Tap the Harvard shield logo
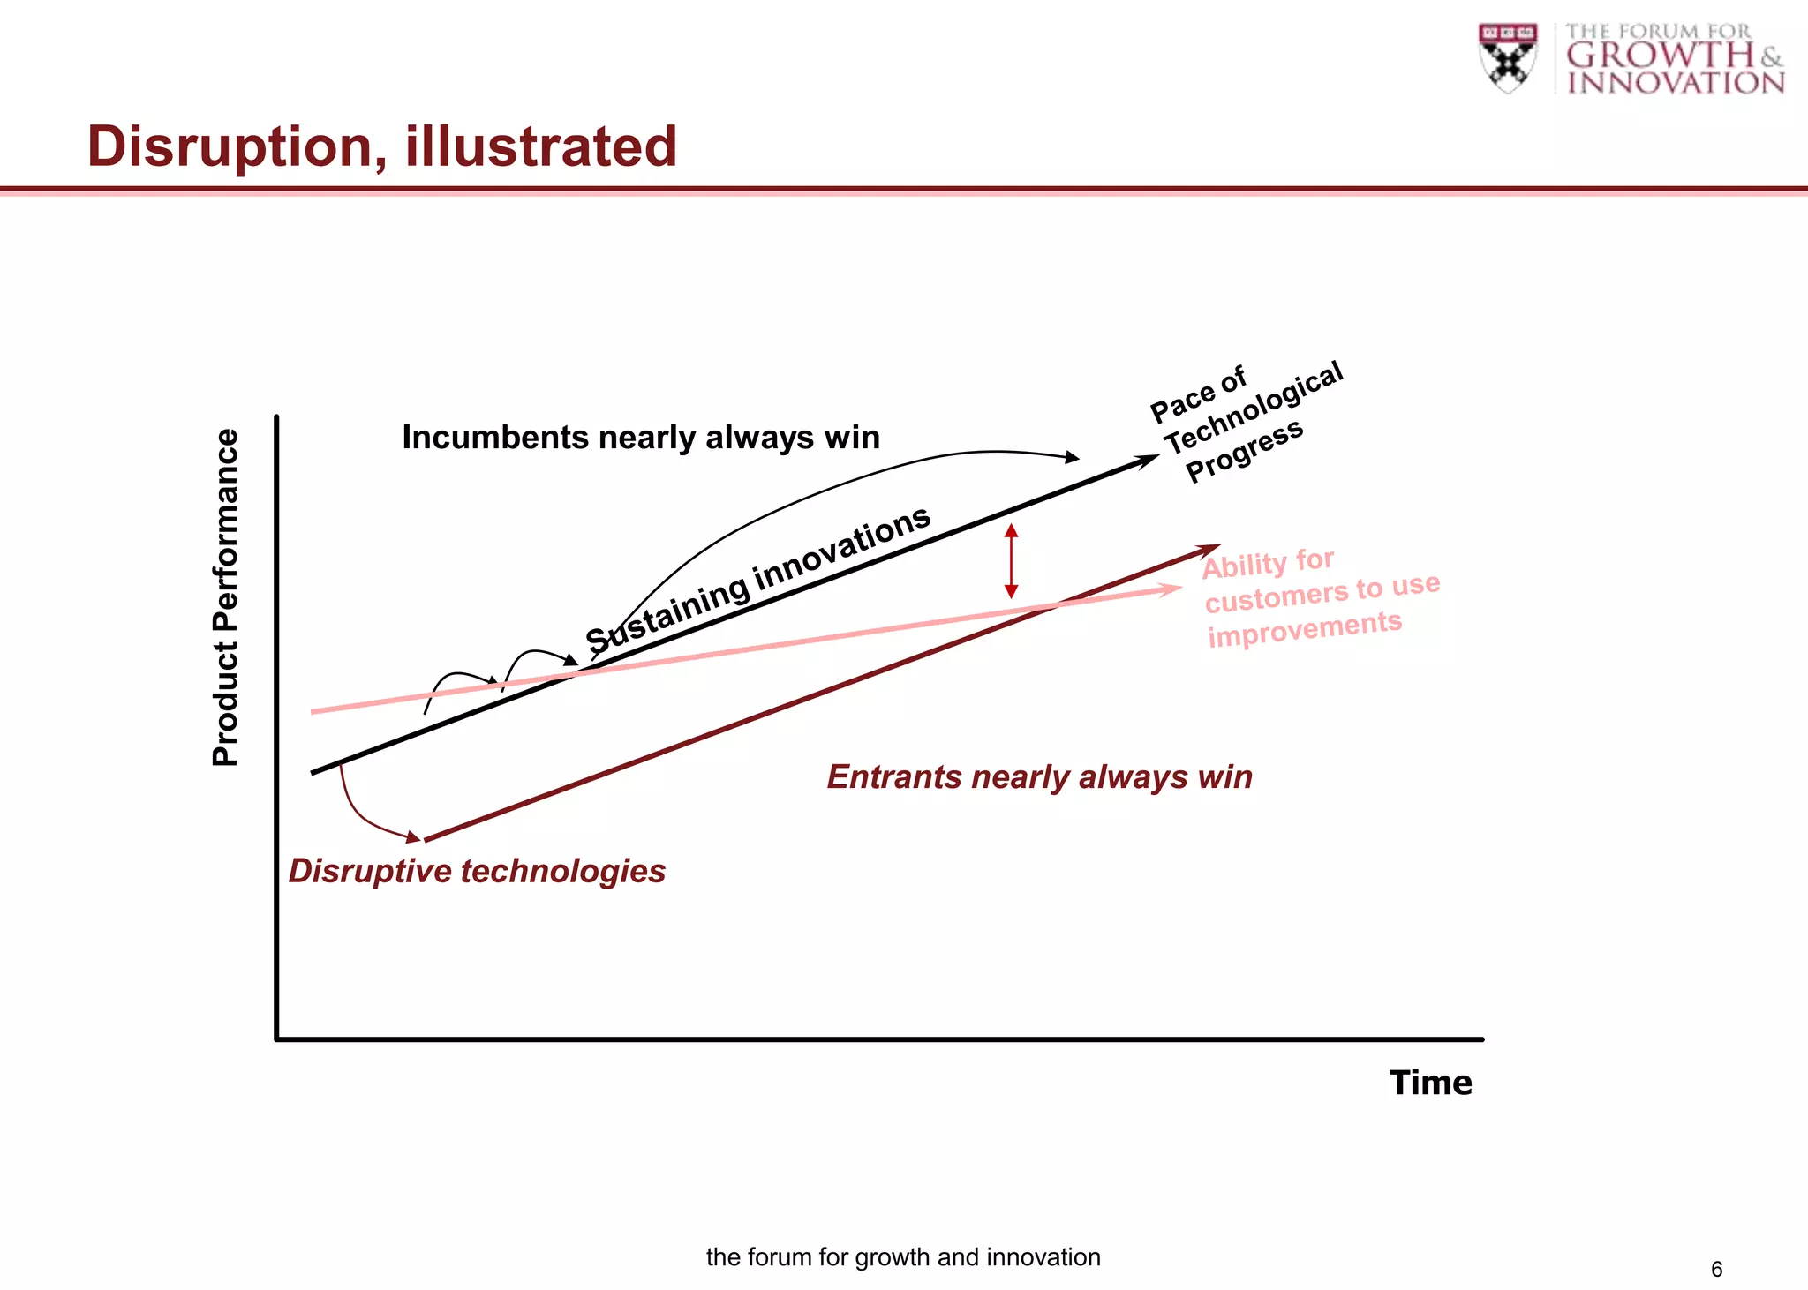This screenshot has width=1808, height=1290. pyautogui.click(x=1508, y=57)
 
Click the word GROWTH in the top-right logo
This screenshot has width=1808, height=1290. pyautogui.click(x=1660, y=56)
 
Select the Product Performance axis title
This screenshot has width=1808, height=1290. pyautogui.click(x=226, y=597)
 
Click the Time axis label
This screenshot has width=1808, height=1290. pyautogui.click(x=1430, y=1083)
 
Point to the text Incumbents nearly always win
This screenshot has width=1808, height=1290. pyautogui.click(x=641, y=438)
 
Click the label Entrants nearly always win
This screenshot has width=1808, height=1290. pyautogui.click(x=1039, y=777)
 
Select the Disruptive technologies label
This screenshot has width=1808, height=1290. pyautogui.click(x=477, y=872)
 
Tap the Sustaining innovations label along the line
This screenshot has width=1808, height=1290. pyautogui.click(x=757, y=580)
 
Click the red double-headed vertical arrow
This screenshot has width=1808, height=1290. pyautogui.click(x=1012, y=561)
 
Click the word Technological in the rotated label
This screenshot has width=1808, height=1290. pyautogui.click(x=1254, y=409)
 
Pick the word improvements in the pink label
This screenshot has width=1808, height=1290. pyautogui.click(x=1304, y=628)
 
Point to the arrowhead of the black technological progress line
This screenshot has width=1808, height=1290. pyautogui.click(x=1149, y=460)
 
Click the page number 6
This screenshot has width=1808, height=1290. pyautogui.click(x=1716, y=1269)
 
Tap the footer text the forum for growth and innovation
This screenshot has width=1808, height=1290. pyautogui.click(x=903, y=1257)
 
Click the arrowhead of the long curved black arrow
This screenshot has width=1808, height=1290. pyautogui.click(x=1072, y=457)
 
